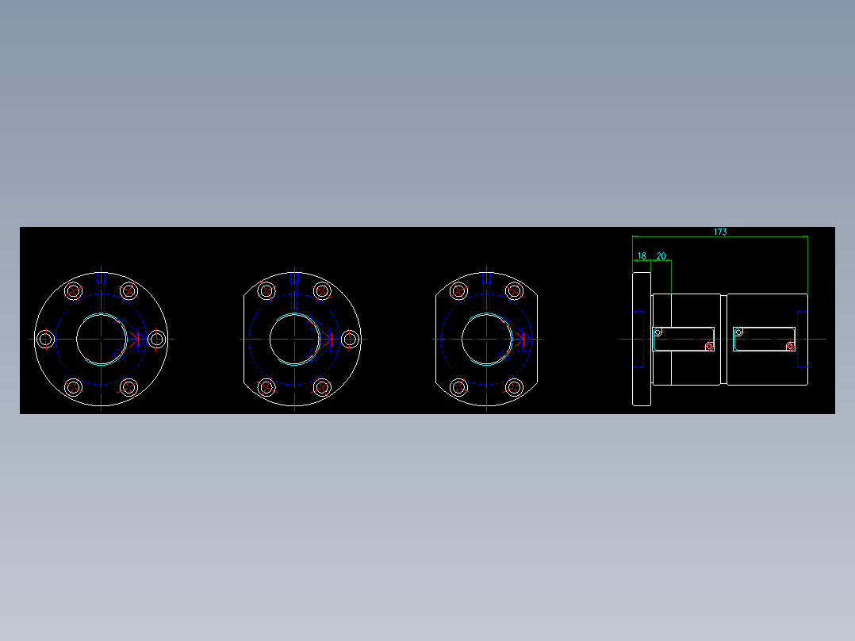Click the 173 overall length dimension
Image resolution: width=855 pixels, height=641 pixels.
coord(719,232)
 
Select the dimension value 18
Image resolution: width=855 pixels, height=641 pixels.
coord(642,256)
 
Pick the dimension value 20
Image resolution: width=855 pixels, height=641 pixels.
coord(661,256)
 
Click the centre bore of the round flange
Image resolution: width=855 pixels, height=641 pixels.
coord(102,339)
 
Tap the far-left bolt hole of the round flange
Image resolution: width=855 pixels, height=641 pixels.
coord(46,339)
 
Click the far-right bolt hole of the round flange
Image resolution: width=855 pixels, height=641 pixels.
coord(157,339)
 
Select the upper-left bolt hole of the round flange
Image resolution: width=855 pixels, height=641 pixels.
coord(74,290)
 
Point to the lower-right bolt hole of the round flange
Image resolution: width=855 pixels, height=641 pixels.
coord(129,387)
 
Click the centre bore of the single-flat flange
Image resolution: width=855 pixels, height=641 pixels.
coord(295,339)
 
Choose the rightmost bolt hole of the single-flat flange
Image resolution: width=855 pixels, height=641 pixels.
coord(350,339)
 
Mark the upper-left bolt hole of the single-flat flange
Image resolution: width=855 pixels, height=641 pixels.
coord(266,290)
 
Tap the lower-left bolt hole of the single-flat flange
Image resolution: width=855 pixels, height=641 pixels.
coord(266,387)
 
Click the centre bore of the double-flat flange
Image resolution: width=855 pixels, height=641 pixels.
coord(487,339)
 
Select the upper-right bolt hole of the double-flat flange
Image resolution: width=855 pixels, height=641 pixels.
coord(515,290)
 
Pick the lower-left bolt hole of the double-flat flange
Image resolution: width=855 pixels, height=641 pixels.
coord(459,387)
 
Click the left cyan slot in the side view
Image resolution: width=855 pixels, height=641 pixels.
coord(683,339)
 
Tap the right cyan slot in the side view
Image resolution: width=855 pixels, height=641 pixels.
coord(764,339)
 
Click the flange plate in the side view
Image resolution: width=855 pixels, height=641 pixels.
coord(642,339)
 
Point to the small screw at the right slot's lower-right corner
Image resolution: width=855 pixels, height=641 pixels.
coord(790,347)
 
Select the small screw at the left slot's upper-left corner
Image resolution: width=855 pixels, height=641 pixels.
coord(658,332)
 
